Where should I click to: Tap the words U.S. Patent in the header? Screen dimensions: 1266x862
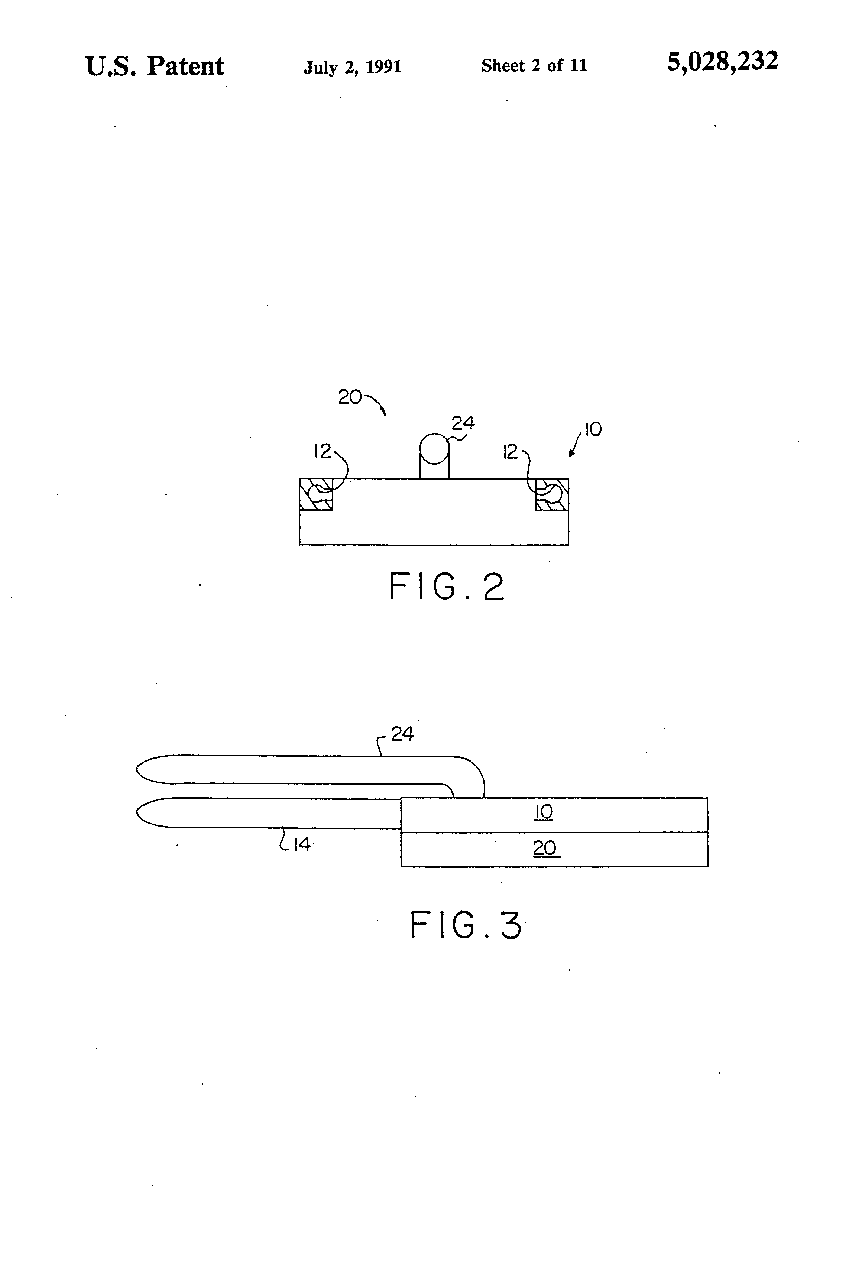click(x=155, y=66)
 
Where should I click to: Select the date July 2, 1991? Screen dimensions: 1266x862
click(x=353, y=67)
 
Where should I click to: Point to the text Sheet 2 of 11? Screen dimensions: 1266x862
click(x=534, y=66)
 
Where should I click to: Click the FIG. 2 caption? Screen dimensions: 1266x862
click(x=447, y=587)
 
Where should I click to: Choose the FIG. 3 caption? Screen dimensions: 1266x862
click(x=466, y=925)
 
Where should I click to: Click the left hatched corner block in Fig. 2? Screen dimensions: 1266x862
click(x=316, y=494)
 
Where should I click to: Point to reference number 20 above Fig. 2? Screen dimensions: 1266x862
click(x=349, y=397)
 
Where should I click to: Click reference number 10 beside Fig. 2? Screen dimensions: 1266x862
click(x=593, y=429)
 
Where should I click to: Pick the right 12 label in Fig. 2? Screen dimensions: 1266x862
click(x=511, y=452)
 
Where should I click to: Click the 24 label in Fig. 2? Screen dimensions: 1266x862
click(x=463, y=423)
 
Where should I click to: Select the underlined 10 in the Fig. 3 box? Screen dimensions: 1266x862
click(x=543, y=812)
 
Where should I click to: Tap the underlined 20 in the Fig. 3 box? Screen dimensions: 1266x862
click(x=544, y=848)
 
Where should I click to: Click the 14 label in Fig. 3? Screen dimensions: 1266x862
click(x=302, y=844)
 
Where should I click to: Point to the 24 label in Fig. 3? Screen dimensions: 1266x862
click(x=403, y=734)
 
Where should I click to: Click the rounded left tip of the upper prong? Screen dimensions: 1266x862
click(x=139, y=769)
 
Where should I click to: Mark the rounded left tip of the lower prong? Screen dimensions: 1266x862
click(x=139, y=813)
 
